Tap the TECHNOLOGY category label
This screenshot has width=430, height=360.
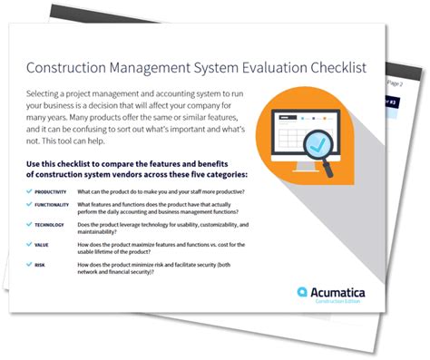[x=53, y=228]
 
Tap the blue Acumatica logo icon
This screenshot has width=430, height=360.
[x=304, y=292]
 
